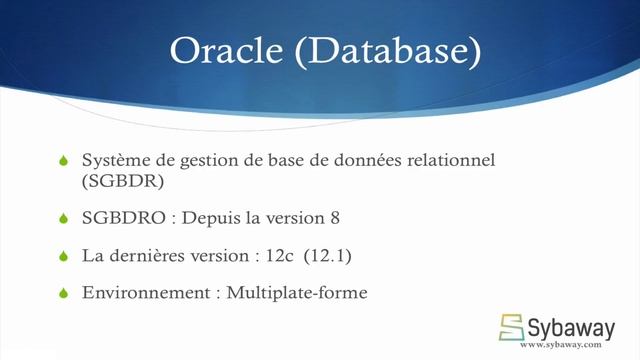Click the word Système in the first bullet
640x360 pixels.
(x=113, y=161)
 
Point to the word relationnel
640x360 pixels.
(x=450, y=161)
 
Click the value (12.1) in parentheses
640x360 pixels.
(x=329, y=256)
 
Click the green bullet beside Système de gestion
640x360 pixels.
(x=63, y=161)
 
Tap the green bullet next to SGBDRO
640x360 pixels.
(x=63, y=219)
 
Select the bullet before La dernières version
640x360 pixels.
(x=63, y=256)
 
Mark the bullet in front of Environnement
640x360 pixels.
(x=63, y=293)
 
